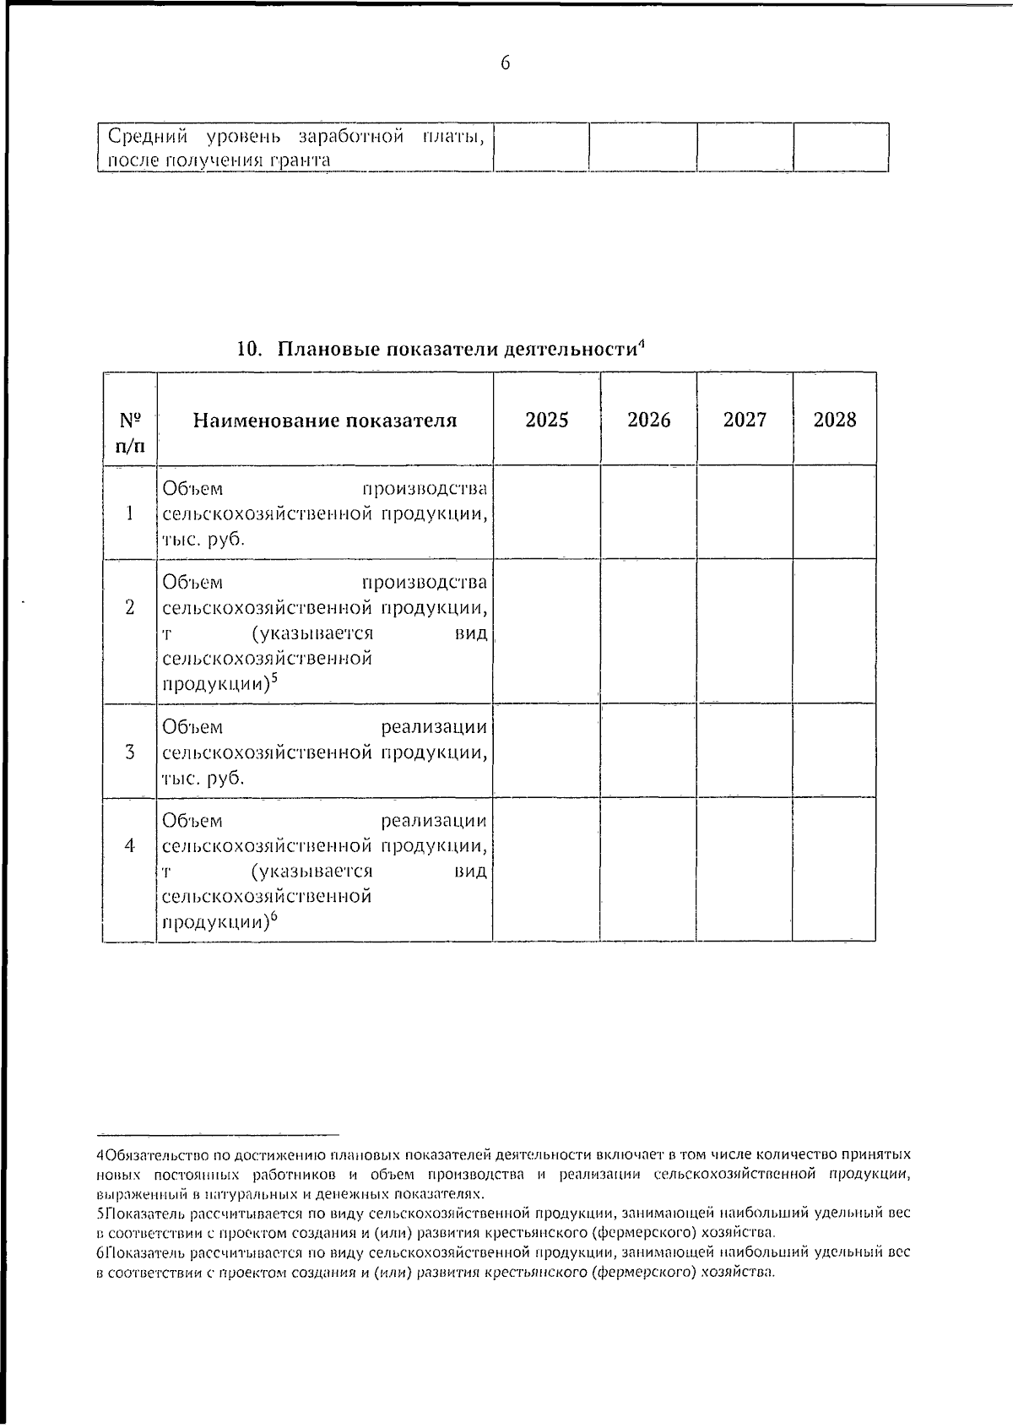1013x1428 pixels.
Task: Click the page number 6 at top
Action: coord(506,63)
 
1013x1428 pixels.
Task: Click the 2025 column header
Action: coord(546,420)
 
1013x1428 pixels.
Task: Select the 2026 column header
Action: coord(648,420)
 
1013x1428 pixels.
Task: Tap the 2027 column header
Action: coord(745,420)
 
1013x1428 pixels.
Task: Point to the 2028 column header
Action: coord(834,420)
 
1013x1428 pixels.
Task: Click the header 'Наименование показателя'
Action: coord(325,421)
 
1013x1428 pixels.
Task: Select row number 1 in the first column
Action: coord(129,513)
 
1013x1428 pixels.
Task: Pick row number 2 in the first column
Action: coord(129,606)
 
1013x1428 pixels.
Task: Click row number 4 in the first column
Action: coord(129,844)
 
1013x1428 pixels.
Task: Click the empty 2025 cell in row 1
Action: coord(546,512)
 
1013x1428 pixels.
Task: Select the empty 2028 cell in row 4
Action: coord(834,870)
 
